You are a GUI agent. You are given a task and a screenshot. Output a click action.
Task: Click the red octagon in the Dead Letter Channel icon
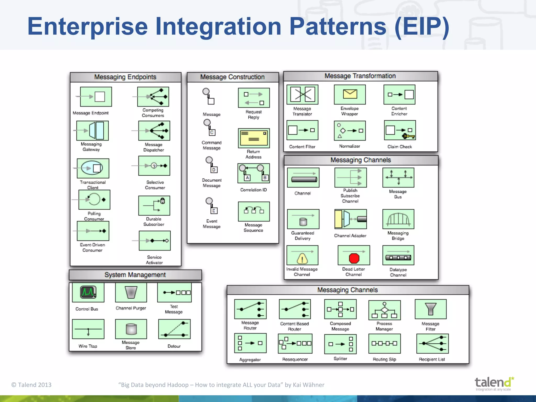[x=354, y=258]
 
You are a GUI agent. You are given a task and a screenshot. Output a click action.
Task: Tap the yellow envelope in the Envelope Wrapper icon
[x=350, y=94]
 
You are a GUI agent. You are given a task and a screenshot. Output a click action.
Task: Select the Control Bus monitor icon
[x=88, y=292]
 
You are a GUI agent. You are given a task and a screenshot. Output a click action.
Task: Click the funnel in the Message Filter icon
[x=431, y=309]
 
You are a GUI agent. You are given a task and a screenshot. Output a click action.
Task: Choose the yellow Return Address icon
[x=254, y=138]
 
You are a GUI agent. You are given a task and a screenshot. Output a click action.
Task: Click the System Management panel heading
[x=135, y=275]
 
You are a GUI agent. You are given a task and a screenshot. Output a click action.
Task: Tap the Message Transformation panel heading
[x=360, y=76]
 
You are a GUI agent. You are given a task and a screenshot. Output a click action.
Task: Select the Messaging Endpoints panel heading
[x=125, y=77]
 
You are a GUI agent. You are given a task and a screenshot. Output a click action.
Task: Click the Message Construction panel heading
[x=232, y=77]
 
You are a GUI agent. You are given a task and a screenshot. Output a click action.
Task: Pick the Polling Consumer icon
[x=94, y=200]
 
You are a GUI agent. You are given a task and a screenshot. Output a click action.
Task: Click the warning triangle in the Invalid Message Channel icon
[x=302, y=259]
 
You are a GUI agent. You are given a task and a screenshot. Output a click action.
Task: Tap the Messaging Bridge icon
[x=398, y=219]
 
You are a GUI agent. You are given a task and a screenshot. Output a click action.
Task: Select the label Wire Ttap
[x=88, y=346]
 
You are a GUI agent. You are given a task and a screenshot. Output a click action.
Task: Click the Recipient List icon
[x=432, y=343]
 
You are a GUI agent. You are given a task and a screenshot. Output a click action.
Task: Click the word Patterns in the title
[x=338, y=26]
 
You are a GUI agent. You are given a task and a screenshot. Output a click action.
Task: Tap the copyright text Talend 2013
[x=31, y=385]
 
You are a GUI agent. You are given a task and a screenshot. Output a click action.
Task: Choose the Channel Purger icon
[x=131, y=292]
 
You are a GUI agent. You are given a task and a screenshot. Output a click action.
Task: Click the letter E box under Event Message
[x=214, y=211]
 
